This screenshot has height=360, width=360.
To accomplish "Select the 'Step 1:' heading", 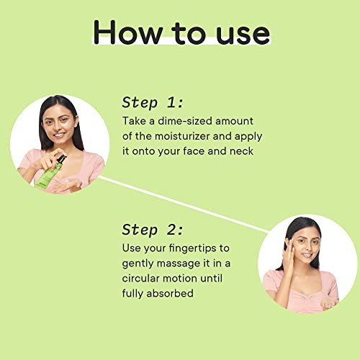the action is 153,102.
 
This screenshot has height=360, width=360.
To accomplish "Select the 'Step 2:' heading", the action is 153,230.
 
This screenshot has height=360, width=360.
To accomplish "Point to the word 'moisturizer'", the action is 182,136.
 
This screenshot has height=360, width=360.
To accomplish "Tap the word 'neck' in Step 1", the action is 241,151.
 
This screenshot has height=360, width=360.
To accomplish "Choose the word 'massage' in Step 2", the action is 179,264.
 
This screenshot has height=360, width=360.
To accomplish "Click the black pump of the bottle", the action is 61,159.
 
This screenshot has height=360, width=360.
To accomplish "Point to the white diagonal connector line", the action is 184,204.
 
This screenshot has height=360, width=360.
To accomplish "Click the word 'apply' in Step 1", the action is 248,137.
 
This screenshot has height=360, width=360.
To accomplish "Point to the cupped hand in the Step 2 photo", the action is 329,303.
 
